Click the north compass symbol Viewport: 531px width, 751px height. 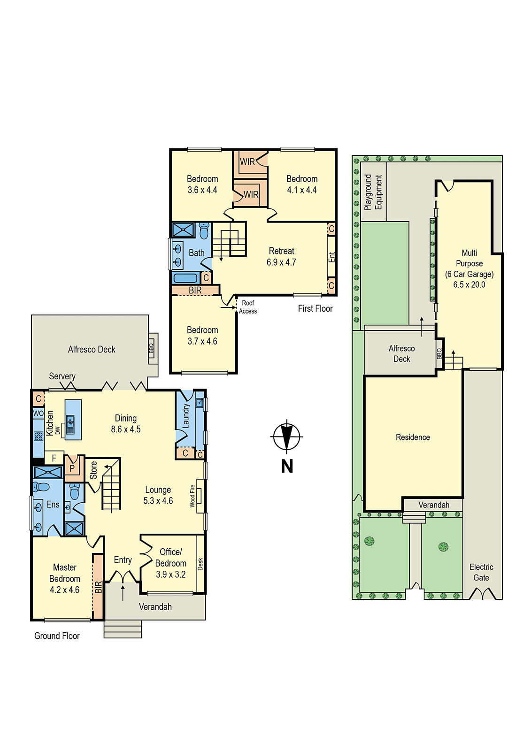coord(286,437)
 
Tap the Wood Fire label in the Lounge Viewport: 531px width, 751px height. coord(192,496)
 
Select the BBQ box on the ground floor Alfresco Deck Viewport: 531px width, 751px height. coord(151,348)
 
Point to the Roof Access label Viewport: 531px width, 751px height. coord(247,307)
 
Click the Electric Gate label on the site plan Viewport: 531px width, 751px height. coord(481,572)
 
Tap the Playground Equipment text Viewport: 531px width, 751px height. coord(374,192)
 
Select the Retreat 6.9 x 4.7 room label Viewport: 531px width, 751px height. coord(281,257)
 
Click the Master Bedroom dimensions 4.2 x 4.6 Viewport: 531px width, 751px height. coord(65,590)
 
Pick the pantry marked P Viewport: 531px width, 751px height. coord(72,468)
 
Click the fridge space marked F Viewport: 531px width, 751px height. coord(54,458)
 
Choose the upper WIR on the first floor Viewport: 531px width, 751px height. coord(247,161)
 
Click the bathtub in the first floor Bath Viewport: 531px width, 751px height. coord(185,278)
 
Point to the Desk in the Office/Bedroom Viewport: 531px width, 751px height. coord(200,564)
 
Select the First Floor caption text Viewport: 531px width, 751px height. coord(315,308)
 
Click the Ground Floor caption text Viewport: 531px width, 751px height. coord(57,636)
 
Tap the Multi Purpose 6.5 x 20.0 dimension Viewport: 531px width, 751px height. coord(469,284)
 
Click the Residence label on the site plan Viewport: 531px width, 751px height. coord(413,437)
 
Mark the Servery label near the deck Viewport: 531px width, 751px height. coord(62,376)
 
